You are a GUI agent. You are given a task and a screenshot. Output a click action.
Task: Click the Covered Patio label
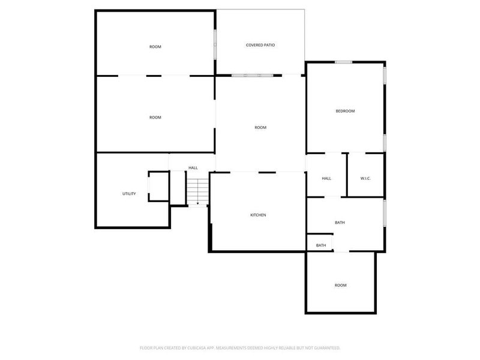pyautogui.click(x=260, y=45)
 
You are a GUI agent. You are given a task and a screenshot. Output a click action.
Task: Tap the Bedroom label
pyautogui.click(x=345, y=111)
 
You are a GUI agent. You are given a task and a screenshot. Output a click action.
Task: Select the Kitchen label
pyautogui.click(x=258, y=215)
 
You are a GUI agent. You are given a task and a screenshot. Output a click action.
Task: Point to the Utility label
pyautogui.click(x=129, y=194)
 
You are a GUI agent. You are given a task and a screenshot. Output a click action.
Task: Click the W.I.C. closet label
pyautogui.click(x=366, y=178)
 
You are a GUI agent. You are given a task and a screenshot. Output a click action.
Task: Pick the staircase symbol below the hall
pyautogui.click(x=197, y=190)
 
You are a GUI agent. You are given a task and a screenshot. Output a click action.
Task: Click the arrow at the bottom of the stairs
pyautogui.click(x=198, y=204)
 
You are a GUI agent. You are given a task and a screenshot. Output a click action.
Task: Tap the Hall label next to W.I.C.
pyautogui.click(x=326, y=178)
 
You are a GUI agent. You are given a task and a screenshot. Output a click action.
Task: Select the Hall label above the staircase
pyautogui.click(x=193, y=168)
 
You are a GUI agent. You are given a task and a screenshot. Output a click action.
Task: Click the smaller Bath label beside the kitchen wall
pyautogui.click(x=321, y=245)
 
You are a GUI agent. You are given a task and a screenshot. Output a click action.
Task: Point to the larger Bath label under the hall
pyautogui.click(x=340, y=223)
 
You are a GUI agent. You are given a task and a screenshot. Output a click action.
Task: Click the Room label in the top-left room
pyautogui.click(x=155, y=47)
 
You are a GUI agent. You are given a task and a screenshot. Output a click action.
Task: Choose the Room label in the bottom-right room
pyautogui.click(x=340, y=285)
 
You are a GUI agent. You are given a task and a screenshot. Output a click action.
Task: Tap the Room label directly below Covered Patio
pyautogui.click(x=260, y=127)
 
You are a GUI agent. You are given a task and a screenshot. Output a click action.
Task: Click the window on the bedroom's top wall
pyautogui.click(x=343, y=62)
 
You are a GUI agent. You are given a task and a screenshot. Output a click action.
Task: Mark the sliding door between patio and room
pyautogui.click(x=252, y=75)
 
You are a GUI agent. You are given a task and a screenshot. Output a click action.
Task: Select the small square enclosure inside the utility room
pyautogui.click(x=158, y=186)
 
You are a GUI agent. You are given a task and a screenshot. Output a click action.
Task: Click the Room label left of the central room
pyautogui.click(x=155, y=118)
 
